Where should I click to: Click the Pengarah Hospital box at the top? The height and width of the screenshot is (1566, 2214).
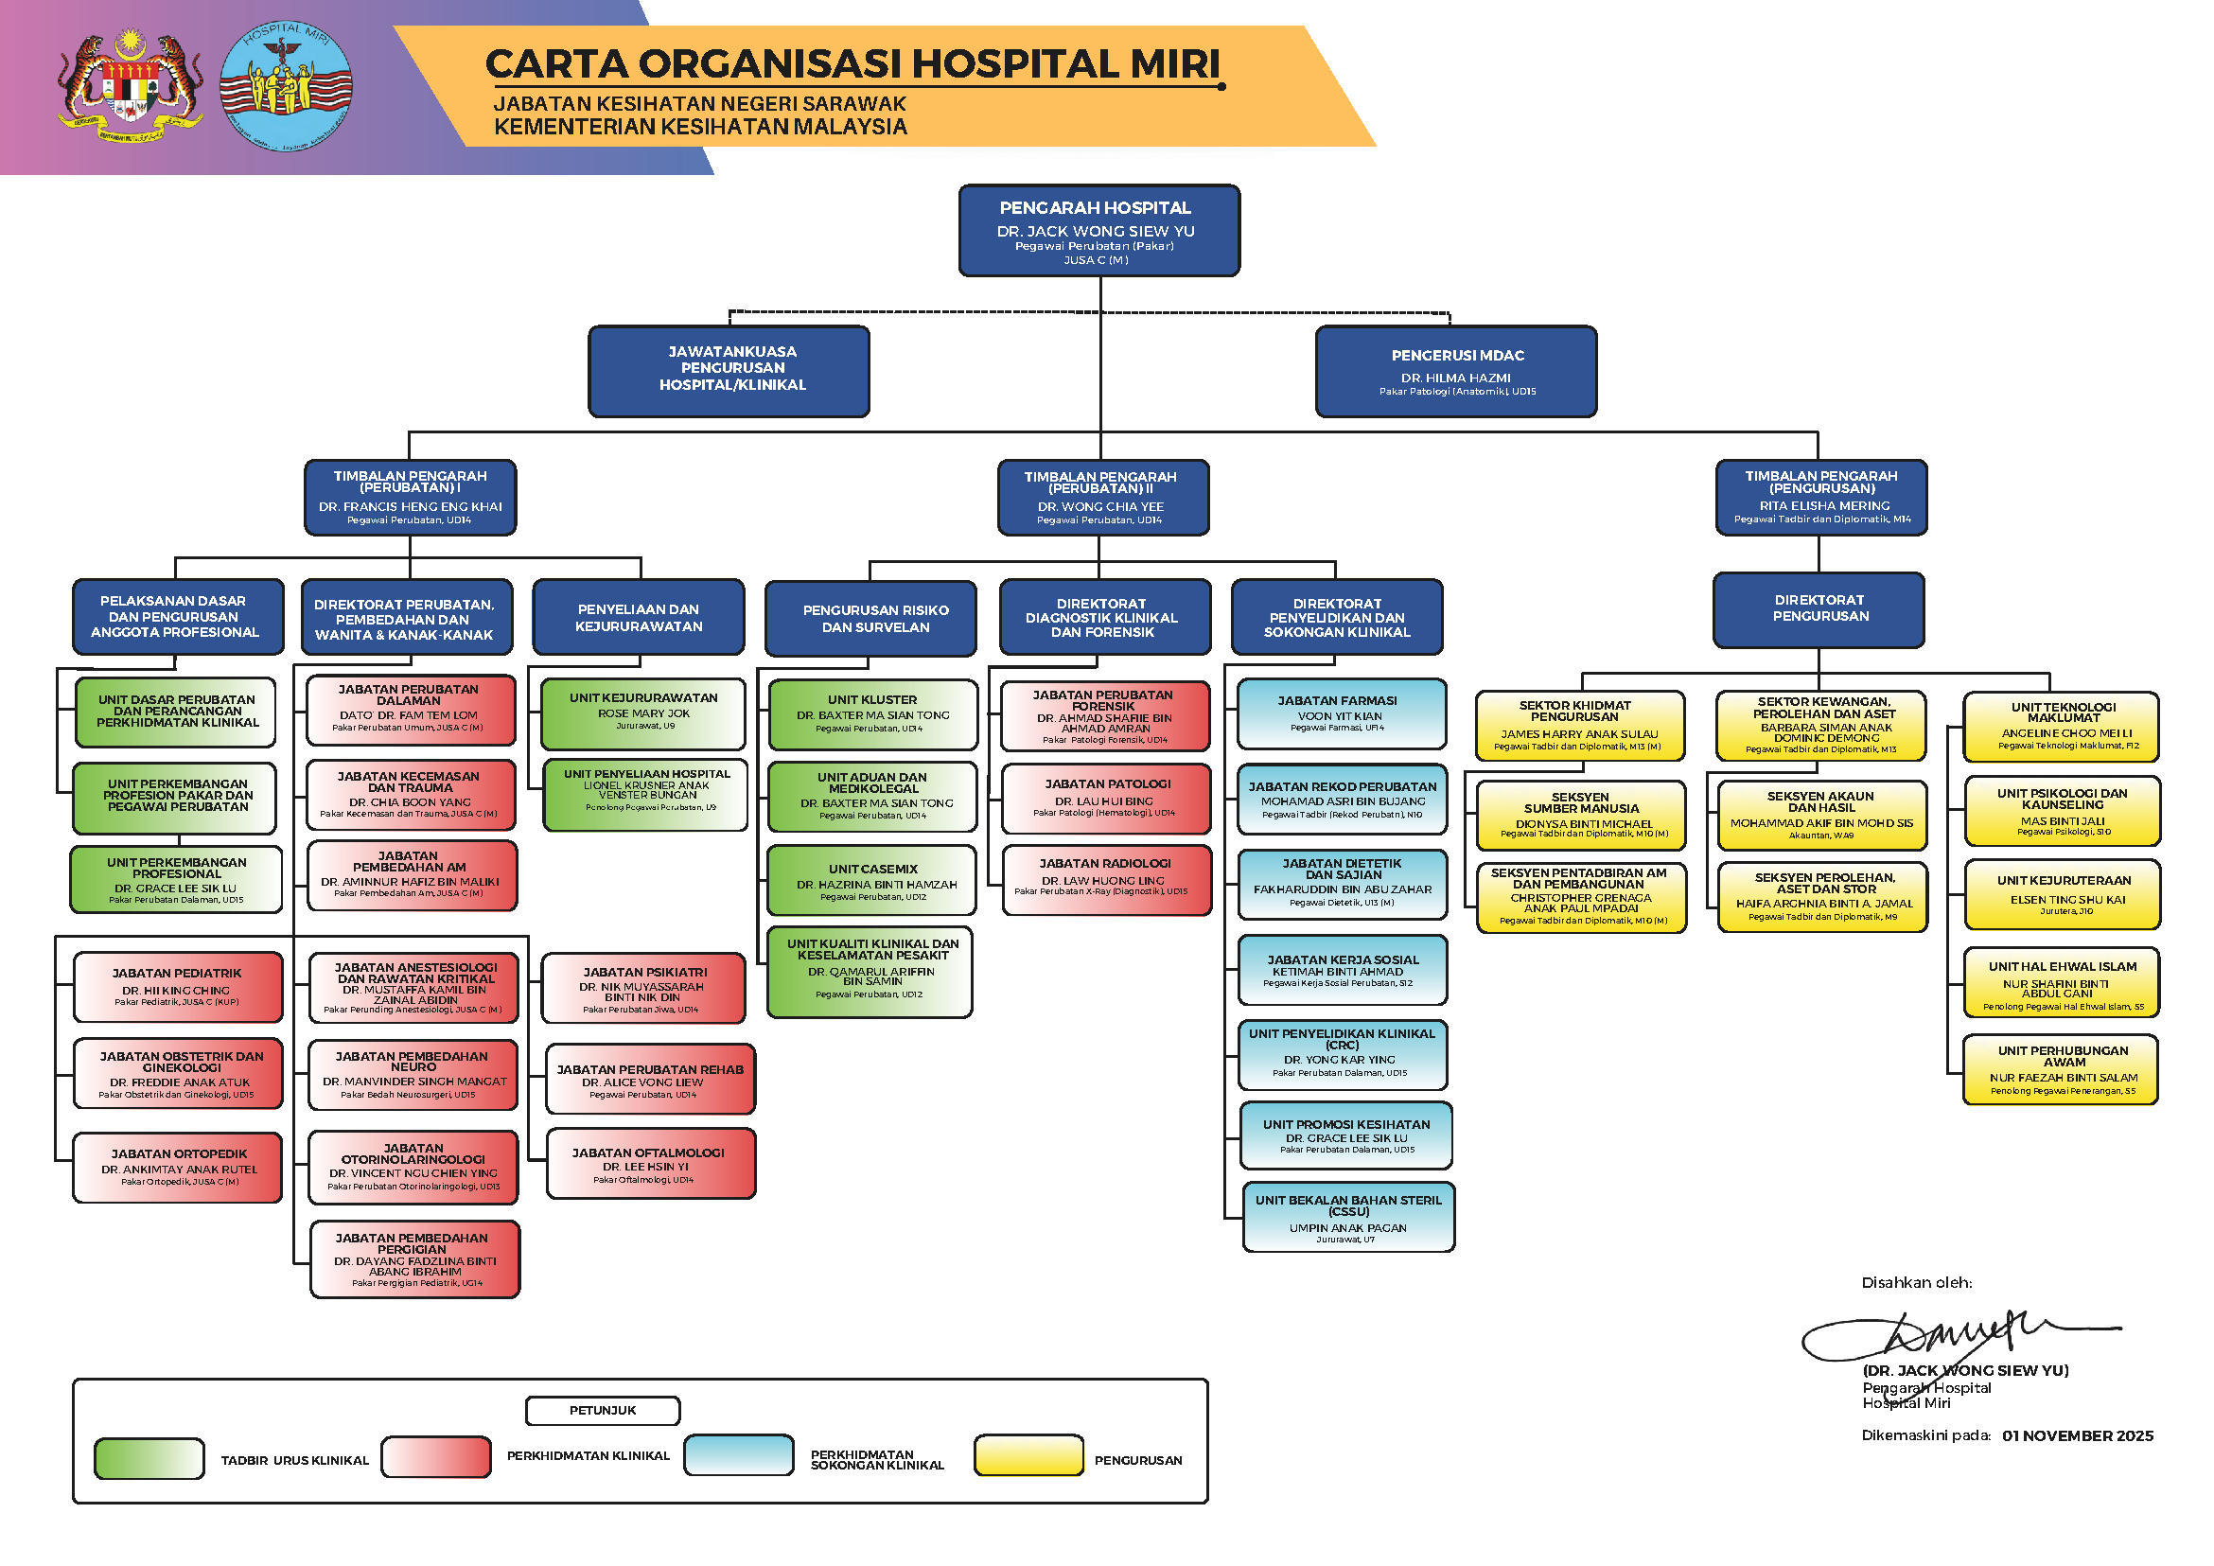click(1098, 232)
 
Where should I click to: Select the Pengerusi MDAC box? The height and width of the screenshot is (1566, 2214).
click(1456, 371)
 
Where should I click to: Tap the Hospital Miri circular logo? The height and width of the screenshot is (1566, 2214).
click(286, 87)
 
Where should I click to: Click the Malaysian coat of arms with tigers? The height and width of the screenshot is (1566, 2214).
click(131, 87)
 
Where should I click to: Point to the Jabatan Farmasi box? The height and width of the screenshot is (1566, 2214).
click(1342, 714)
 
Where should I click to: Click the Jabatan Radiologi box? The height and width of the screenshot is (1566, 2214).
click(1106, 879)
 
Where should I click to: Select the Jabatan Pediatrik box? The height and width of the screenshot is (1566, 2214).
click(178, 987)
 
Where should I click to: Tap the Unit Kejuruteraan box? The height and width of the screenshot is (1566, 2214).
click(2063, 895)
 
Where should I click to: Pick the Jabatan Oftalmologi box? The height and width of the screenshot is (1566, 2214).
click(650, 1164)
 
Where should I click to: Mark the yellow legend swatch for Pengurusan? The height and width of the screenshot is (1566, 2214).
click(1028, 1456)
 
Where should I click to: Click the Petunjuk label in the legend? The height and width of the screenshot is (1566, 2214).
click(603, 1411)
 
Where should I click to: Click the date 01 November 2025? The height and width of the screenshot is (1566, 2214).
click(2077, 1435)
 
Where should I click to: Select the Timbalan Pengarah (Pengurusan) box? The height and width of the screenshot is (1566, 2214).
click(1820, 498)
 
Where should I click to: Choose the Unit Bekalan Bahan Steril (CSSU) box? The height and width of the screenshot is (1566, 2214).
click(1348, 1217)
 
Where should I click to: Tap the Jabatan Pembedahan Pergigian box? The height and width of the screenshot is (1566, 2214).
click(414, 1259)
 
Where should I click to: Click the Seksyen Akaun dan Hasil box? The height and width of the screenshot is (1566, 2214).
click(1821, 815)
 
